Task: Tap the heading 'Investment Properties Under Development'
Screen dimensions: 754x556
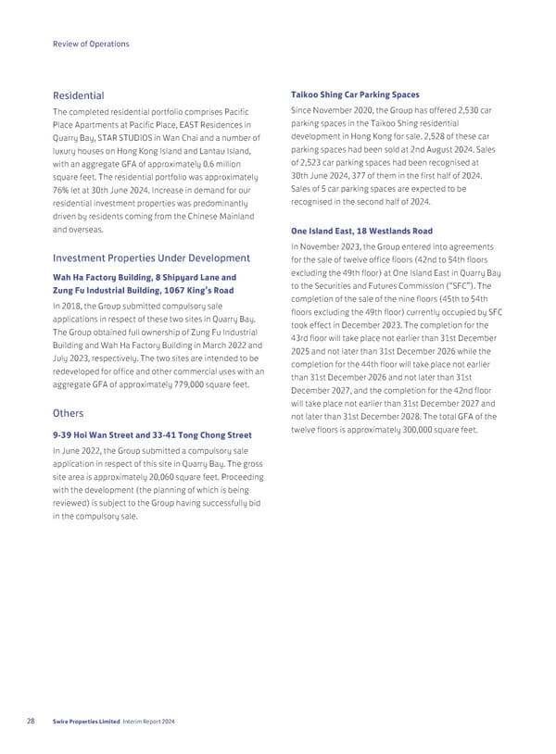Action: pos(150,258)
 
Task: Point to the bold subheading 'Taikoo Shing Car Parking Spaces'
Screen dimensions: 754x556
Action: pos(355,94)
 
